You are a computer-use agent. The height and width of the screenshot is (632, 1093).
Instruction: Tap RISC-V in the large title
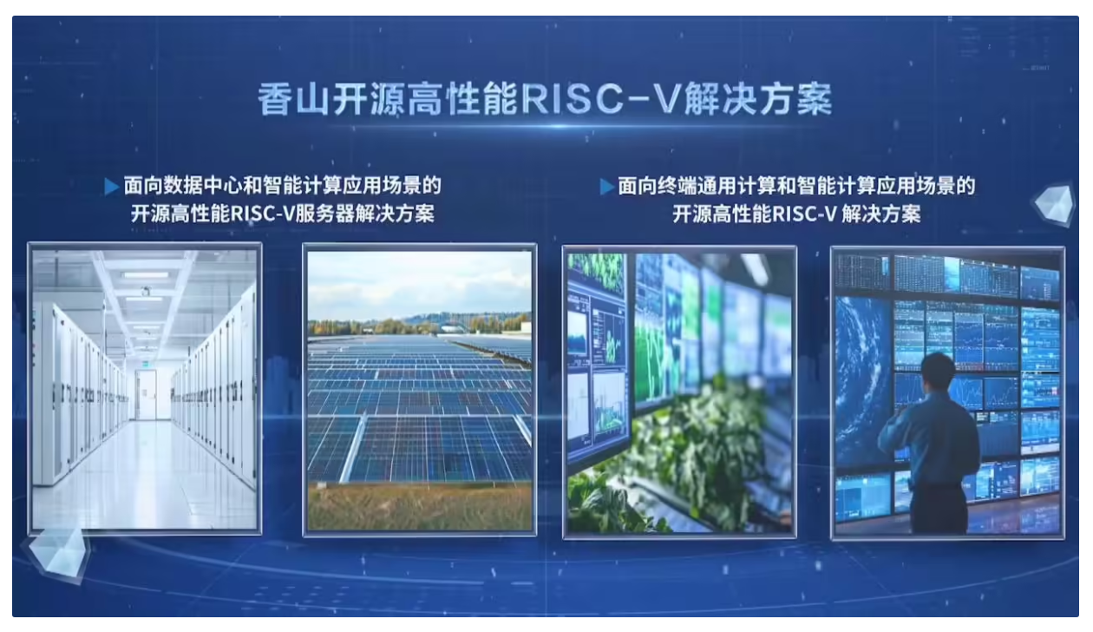click(x=600, y=99)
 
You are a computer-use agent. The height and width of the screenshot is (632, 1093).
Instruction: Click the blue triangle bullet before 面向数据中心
click(x=112, y=187)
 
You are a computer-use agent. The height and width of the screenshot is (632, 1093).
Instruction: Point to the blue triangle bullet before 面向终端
click(x=606, y=187)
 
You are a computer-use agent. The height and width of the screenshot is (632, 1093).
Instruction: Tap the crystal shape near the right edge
click(x=1054, y=204)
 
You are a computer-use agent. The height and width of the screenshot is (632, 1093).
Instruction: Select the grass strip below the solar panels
click(x=420, y=506)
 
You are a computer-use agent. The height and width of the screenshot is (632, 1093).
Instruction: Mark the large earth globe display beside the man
click(x=862, y=381)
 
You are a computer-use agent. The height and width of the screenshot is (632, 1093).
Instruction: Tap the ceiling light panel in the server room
click(x=146, y=275)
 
